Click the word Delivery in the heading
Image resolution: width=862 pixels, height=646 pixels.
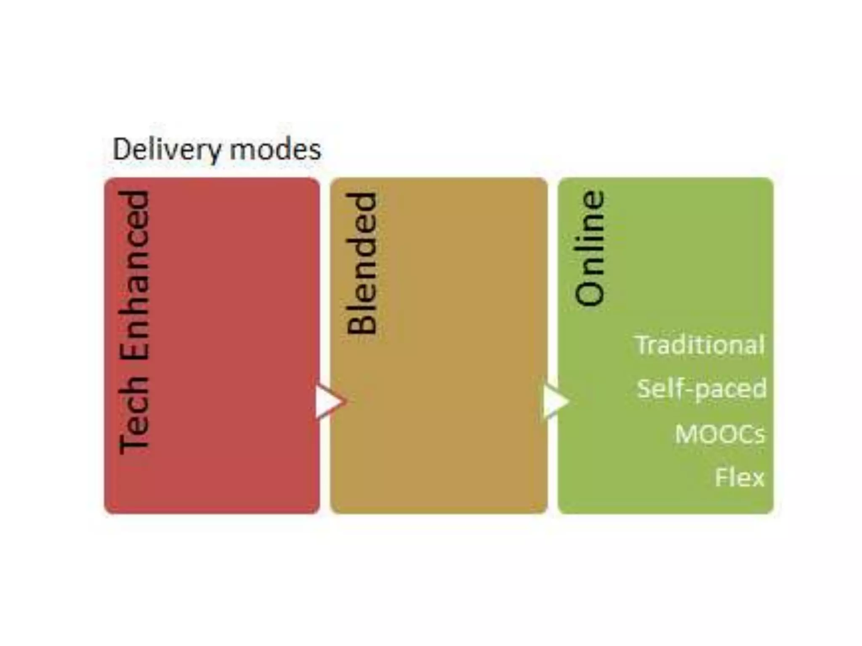(x=167, y=149)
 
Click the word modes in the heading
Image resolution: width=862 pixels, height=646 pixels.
(x=275, y=149)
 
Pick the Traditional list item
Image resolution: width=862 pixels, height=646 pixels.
(x=700, y=345)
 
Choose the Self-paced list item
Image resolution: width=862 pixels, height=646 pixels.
(x=701, y=389)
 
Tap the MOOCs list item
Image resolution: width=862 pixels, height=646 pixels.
(x=720, y=434)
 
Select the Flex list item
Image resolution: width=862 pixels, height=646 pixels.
(x=740, y=477)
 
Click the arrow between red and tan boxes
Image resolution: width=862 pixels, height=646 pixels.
(x=330, y=401)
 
